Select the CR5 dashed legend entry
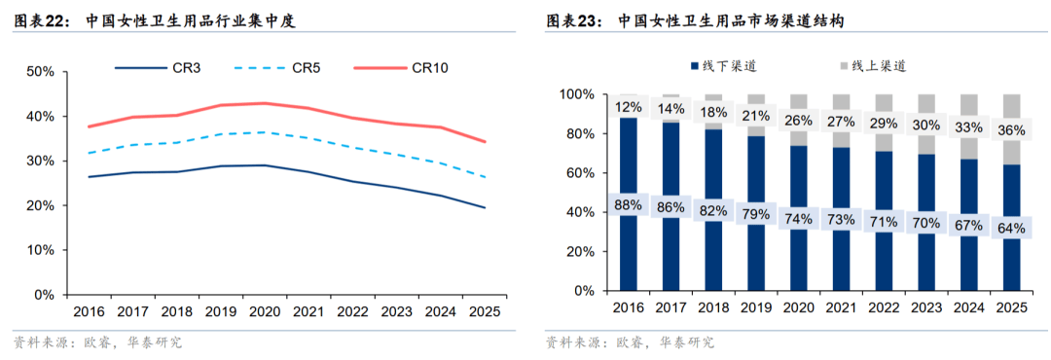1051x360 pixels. pos(277,67)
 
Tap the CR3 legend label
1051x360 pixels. pos(158,67)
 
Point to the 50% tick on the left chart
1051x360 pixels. pos(40,72)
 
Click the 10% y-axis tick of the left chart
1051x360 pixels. pos(40,250)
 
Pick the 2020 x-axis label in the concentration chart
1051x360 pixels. pos(266,311)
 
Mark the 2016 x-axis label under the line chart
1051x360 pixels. pos(90,311)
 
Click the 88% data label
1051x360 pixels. pos(630,204)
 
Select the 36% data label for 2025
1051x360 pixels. pos(1012,130)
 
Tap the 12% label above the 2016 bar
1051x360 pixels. pos(630,106)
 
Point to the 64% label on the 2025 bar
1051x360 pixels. pos(1012,228)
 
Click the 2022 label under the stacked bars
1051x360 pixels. pos(884,307)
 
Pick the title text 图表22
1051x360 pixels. pos(43,21)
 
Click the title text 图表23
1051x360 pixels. pos(575,21)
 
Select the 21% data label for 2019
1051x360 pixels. pos(757,116)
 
